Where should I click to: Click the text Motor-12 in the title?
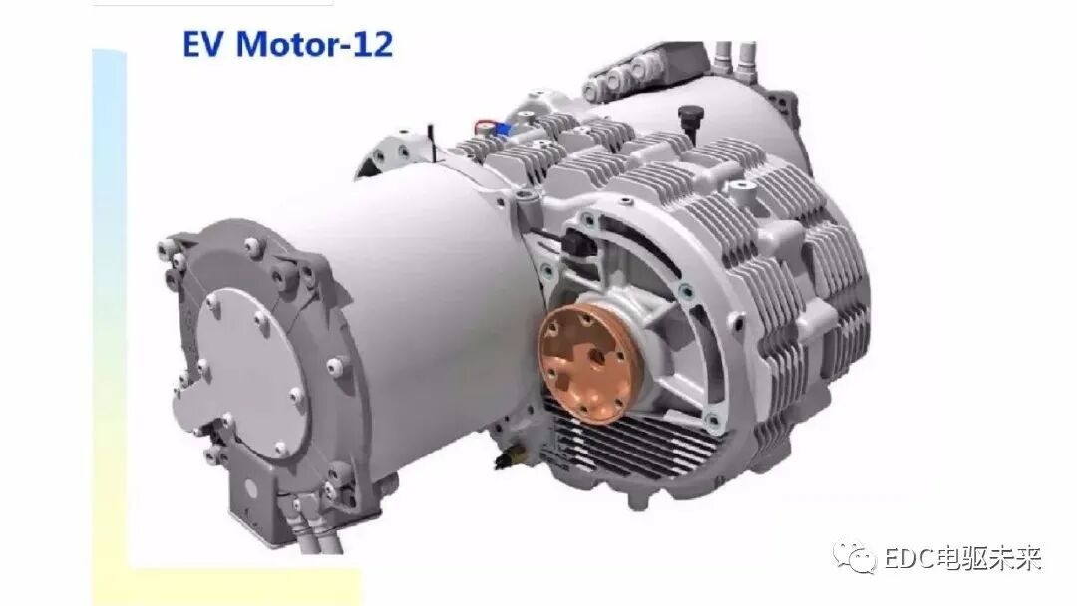[314, 44]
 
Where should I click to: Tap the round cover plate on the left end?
[244, 367]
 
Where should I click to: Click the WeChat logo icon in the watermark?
[855, 556]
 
